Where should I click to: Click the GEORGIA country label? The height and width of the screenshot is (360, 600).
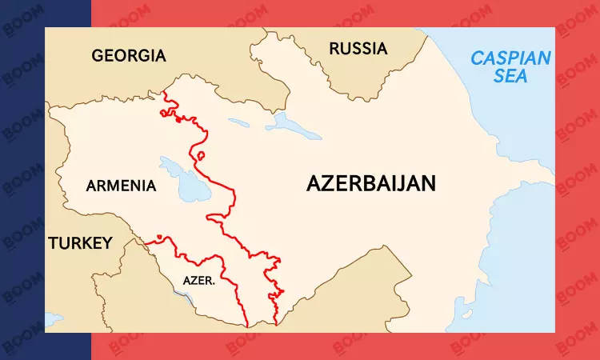point(129,56)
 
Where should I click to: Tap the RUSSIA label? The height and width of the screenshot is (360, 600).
point(358,49)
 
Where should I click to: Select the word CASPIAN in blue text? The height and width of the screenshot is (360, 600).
point(510,58)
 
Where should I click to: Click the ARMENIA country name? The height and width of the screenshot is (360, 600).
point(121,186)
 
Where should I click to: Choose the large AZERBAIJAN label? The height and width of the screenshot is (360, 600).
point(371,183)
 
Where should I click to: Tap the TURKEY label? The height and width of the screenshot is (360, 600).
point(80,243)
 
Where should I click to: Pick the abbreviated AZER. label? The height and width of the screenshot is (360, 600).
point(198,281)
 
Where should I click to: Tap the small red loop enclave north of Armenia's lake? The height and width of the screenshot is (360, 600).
point(200,156)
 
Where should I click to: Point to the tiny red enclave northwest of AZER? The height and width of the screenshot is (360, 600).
point(159,236)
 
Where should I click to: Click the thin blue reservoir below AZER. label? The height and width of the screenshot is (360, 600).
point(186,299)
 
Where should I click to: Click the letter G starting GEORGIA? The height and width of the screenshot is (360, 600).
point(98,56)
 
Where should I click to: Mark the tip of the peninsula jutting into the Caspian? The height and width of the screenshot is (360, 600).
point(551,170)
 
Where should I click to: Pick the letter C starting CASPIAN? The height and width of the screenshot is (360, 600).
point(478,58)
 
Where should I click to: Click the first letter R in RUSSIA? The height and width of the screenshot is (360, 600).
point(335,49)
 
